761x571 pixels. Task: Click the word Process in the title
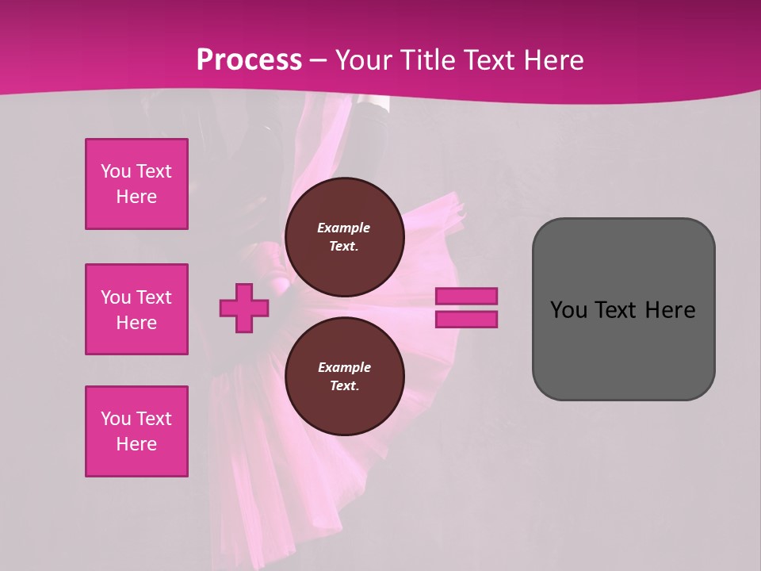(x=249, y=60)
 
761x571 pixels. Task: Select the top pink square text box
(x=136, y=184)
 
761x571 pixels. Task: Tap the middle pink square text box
(x=136, y=309)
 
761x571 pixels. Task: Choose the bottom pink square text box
(x=136, y=431)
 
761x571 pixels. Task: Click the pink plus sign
(x=244, y=308)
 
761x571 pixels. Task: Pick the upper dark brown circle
(x=344, y=237)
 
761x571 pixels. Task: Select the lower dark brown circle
(x=344, y=377)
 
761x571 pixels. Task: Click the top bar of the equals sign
(x=466, y=297)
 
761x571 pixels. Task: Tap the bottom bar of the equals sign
(x=466, y=319)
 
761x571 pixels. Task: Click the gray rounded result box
(x=623, y=349)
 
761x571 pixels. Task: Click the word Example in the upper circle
(x=344, y=228)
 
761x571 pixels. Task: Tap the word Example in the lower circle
(x=344, y=367)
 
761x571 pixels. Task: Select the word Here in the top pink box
(x=136, y=197)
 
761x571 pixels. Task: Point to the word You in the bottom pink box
(x=116, y=419)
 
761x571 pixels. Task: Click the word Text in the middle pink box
(x=154, y=297)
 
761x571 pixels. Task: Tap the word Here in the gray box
(x=670, y=310)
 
